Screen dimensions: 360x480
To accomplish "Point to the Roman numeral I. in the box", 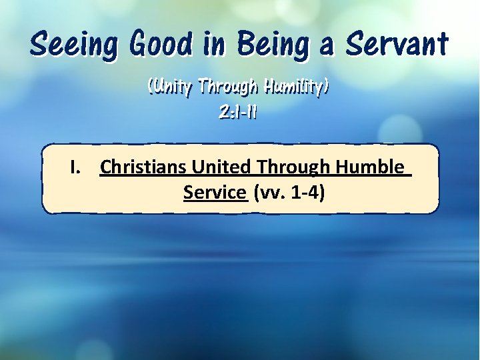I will (x=77, y=167).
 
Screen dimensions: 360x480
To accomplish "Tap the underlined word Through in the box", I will (x=293, y=167).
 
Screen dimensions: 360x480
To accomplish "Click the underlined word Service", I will (x=215, y=193).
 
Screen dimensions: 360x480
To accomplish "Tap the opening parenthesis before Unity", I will (x=151, y=87).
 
